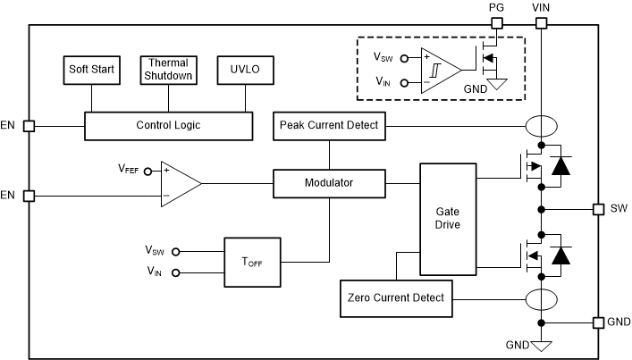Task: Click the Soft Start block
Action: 90,69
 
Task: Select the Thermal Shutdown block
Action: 168,69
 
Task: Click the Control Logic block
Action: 168,125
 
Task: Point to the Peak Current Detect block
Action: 329,126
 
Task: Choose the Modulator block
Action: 329,183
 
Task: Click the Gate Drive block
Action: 448,218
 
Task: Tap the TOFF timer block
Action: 252,262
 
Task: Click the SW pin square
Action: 598,209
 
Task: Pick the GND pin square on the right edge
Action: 598,322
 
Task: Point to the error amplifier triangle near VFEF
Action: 179,182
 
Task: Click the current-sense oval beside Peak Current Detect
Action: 541,126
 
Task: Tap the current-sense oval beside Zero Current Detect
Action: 541,297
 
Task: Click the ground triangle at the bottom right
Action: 541,344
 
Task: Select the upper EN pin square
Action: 29,126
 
